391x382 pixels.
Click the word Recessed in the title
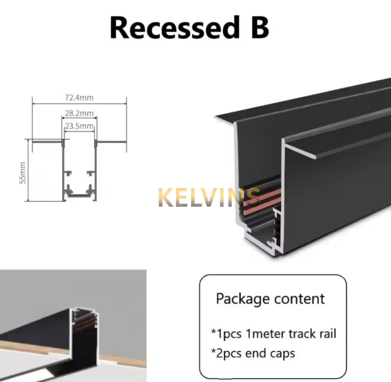pos(173,27)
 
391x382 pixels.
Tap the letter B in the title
pos(260,27)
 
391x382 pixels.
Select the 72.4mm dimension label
pos(79,98)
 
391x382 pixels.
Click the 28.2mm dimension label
pos(79,113)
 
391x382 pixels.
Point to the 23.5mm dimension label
pos(79,126)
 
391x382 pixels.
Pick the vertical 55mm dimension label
pos(22,173)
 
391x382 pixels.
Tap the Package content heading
pos(270,299)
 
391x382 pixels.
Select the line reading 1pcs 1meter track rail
pos(274,334)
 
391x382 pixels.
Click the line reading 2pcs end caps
pos(253,354)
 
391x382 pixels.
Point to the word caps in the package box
pos(283,354)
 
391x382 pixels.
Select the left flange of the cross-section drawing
pos(47,142)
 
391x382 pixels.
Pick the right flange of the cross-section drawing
pos(111,142)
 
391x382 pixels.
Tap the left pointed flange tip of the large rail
pos(216,117)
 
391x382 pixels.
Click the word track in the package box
pos(301,334)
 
